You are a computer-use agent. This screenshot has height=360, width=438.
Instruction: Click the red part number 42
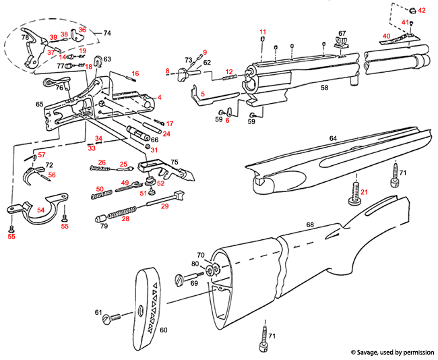pos(422,10)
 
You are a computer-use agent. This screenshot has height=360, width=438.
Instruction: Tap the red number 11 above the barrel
pos(263,32)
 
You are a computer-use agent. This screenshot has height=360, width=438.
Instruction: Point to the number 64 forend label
pos(333,138)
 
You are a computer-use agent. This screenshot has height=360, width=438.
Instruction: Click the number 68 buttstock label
pos(310,224)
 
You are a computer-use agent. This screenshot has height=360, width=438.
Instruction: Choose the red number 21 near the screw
pos(363,193)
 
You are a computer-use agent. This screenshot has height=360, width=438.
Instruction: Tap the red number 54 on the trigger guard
pos(40,210)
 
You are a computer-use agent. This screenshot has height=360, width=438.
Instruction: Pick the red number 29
pos(164,206)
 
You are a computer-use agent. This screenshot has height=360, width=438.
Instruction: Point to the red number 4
pos(160,97)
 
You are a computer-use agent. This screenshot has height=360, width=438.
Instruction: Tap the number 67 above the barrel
pos(342,33)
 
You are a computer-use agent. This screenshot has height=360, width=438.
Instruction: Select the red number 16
pos(135,73)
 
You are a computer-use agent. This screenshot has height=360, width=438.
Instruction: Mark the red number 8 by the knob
pos(167,71)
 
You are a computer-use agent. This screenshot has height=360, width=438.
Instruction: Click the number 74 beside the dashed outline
pos(107,33)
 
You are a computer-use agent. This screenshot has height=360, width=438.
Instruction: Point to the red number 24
pos(166,133)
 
